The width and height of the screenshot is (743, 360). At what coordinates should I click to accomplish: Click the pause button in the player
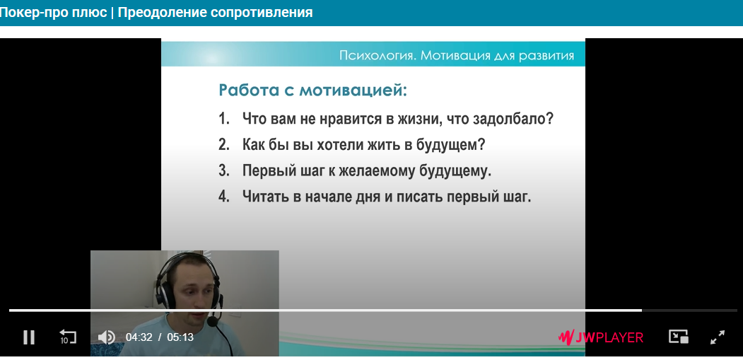pyautogui.click(x=29, y=337)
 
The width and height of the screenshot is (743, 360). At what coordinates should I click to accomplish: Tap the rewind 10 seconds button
pyautogui.click(x=67, y=337)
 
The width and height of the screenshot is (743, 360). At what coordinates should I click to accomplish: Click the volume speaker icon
pyautogui.click(x=106, y=337)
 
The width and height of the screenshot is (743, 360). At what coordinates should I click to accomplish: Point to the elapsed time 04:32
pyautogui.click(x=139, y=337)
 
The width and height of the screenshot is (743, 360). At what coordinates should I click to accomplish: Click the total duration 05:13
pyautogui.click(x=180, y=337)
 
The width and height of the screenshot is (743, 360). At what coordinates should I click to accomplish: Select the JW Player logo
pyautogui.click(x=601, y=337)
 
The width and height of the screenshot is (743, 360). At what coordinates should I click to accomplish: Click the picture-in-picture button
pyautogui.click(x=678, y=337)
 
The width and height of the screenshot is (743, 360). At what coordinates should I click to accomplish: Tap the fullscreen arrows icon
pyautogui.click(x=718, y=337)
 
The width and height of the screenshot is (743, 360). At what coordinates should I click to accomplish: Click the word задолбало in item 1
pyautogui.click(x=513, y=119)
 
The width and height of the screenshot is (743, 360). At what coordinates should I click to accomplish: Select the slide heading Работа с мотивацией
pyautogui.click(x=312, y=90)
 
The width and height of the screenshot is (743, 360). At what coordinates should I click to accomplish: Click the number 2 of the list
pyautogui.click(x=223, y=145)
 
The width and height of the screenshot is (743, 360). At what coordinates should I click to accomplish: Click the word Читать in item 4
pyautogui.click(x=265, y=197)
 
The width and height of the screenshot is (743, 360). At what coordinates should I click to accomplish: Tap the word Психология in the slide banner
pyautogui.click(x=378, y=56)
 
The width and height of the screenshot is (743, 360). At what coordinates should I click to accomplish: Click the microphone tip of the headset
pyautogui.click(x=212, y=321)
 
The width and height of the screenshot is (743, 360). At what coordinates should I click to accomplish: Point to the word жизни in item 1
pyautogui.click(x=413, y=119)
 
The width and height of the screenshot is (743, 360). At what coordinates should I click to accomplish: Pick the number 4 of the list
pyautogui.click(x=223, y=197)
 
